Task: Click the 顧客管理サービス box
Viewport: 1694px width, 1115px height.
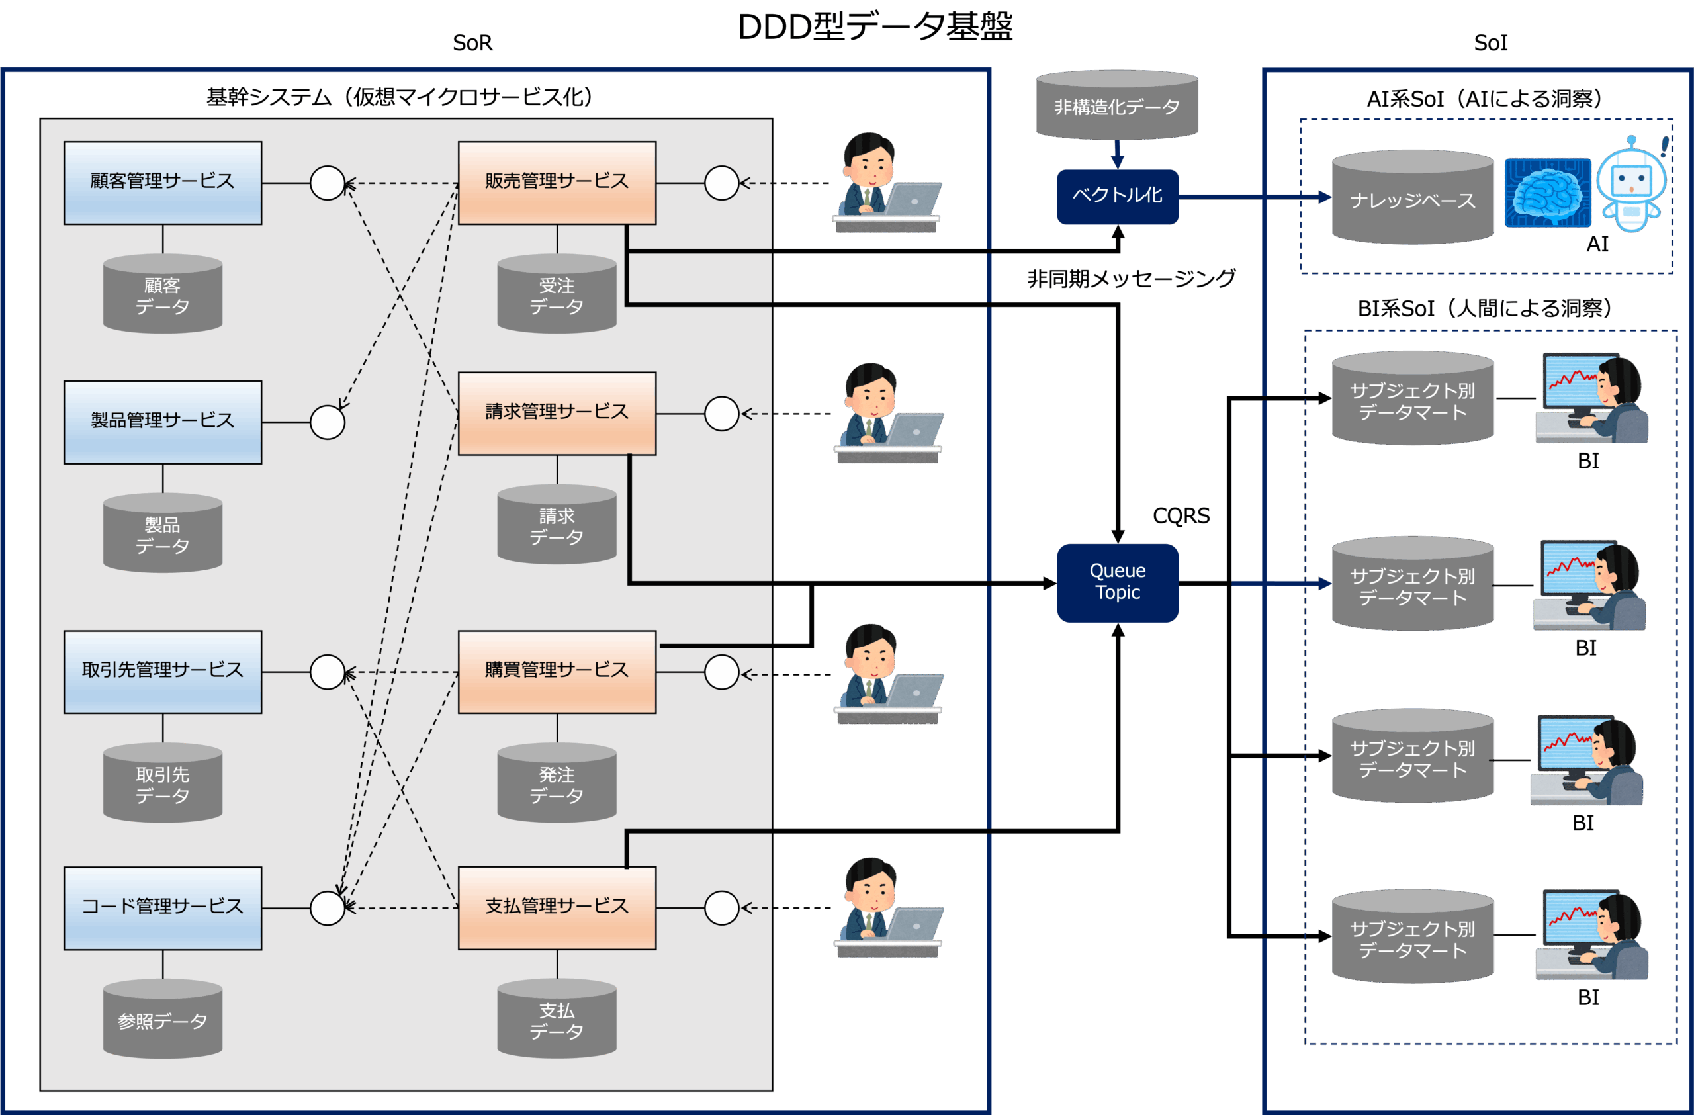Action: tap(162, 183)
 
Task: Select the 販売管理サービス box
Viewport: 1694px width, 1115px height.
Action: tap(557, 183)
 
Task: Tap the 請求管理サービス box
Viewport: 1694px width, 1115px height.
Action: tap(557, 413)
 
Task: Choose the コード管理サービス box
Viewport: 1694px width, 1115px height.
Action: tap(162, 907)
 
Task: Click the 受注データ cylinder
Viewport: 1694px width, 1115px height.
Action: tap(557, 295)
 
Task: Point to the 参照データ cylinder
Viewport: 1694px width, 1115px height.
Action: tap(162, 1020)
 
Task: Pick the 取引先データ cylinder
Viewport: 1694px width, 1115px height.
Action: tap(162, 783)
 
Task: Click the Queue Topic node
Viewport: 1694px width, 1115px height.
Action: tap(1118, 582)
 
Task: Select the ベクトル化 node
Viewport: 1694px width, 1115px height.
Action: tap(1118, 196)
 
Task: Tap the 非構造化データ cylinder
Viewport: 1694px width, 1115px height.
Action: tap(1117, 106)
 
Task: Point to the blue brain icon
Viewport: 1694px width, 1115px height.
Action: tap(1547, 193)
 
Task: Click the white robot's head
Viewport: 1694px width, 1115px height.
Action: tap(1631, 178)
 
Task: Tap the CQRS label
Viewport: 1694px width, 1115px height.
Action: tap(1181, 516)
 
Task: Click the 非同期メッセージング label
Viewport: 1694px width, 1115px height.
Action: tap(1131, 278)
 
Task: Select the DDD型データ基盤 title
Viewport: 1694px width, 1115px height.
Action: tap(875, 27)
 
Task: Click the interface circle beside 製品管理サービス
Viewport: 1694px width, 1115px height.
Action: tap(328, 422)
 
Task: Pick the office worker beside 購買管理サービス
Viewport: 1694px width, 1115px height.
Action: tap(887, 672)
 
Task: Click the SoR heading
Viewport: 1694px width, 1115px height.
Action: tap(472, 44)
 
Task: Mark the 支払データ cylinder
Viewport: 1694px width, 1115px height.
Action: tap(557, 1020)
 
